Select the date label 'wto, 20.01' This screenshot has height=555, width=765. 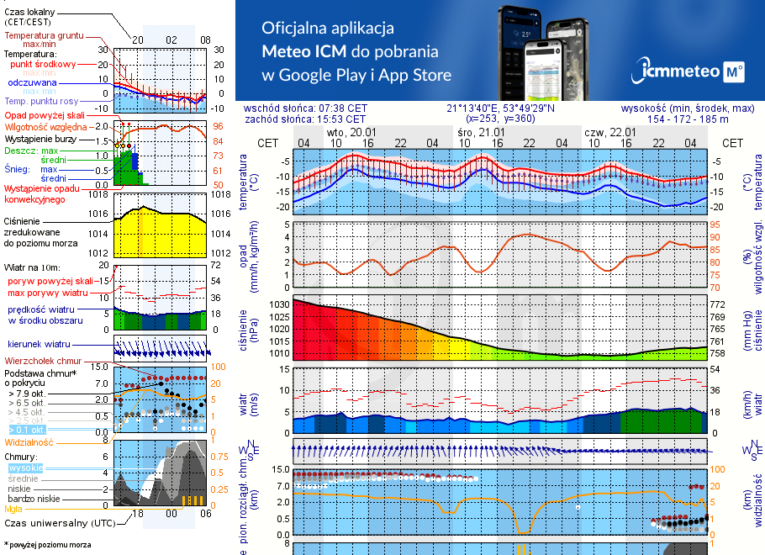[351, 133]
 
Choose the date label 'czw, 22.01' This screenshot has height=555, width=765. [609, 133]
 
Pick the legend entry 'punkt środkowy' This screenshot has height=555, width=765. [43, 64]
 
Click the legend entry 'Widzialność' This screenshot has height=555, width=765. [29, 441]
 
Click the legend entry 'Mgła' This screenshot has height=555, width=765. [13, 509]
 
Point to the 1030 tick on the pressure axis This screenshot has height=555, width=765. [279, 304]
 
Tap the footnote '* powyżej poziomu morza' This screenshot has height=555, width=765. [47, 545]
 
